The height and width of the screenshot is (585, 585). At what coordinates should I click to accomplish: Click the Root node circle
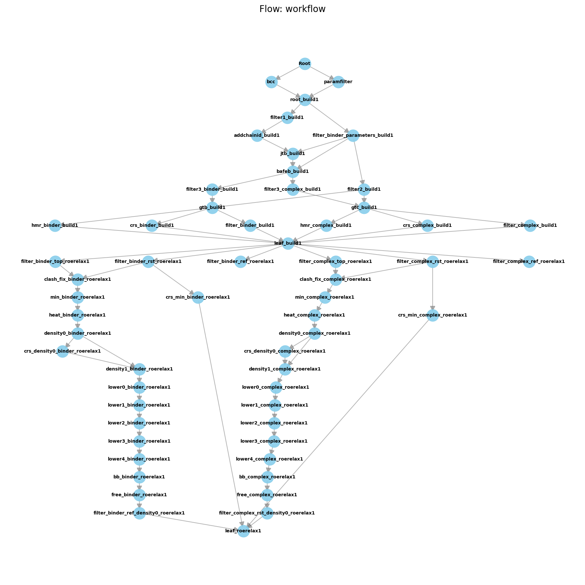305,64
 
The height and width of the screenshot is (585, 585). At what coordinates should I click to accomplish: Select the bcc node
271,82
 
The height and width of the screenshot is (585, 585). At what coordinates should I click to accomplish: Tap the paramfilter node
338,82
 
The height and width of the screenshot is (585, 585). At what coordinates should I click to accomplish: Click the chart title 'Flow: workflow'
292,9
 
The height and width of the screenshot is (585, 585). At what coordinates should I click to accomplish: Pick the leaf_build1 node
288,243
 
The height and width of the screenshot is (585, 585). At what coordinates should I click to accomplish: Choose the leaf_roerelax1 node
244,531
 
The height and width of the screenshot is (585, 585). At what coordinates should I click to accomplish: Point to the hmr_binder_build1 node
55,226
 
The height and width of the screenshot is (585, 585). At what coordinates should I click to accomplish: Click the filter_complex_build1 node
530,226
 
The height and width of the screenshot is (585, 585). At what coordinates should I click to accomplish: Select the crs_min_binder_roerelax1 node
198,297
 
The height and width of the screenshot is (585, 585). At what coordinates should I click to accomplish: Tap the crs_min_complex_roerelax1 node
433,315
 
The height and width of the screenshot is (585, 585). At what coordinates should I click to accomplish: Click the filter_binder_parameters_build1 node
353,136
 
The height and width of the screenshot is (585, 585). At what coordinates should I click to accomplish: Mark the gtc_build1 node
364,208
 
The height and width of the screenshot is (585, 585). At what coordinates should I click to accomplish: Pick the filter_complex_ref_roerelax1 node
529,262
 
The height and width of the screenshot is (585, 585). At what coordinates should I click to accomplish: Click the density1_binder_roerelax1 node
139,369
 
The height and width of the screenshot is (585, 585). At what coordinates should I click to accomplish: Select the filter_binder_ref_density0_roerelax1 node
139,513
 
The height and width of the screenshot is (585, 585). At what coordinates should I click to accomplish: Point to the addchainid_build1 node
257,136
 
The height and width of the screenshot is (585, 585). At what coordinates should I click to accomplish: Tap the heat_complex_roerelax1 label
314,315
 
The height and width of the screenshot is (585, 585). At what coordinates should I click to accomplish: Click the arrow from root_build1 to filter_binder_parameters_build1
328,117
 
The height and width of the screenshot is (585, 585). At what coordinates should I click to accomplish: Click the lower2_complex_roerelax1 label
274,423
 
